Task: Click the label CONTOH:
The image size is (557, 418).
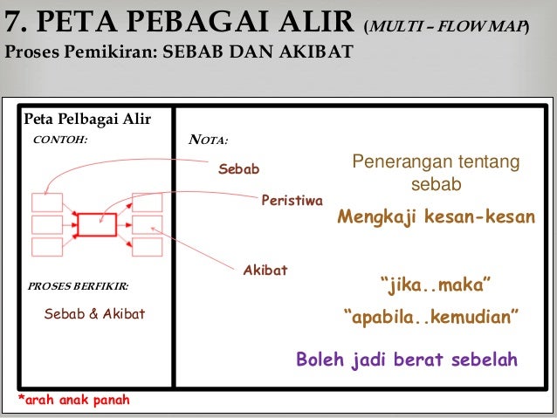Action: point(60,138)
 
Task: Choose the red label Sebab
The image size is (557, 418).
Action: point(238,168)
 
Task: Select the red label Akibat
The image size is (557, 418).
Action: point(265,271)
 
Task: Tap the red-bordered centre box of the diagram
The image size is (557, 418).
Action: point(96,224)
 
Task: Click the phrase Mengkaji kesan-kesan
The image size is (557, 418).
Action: point(436,217)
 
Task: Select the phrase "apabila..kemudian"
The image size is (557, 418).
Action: point(432,315)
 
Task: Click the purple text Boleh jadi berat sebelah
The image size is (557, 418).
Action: point(407,359)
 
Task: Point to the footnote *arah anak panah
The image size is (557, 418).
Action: point(73,401)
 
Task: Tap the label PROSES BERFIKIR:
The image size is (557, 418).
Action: point(79,286)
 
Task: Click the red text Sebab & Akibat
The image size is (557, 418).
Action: point(94,314)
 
